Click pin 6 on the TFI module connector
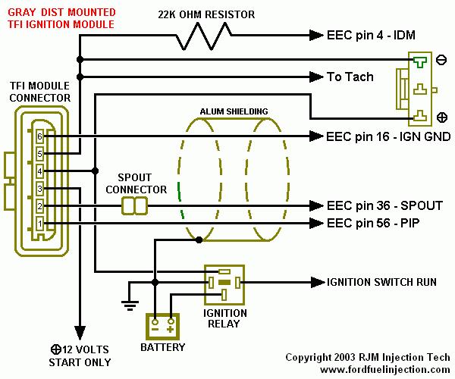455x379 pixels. click(40, 136)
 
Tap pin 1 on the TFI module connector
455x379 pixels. click(40, 223)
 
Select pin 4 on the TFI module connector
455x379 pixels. click(40, 171)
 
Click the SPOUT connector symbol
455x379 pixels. click(136, 205)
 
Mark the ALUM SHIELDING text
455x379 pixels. click(234, 111)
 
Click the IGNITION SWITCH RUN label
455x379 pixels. click(381, 282)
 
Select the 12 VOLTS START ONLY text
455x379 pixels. click(80, 356)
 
